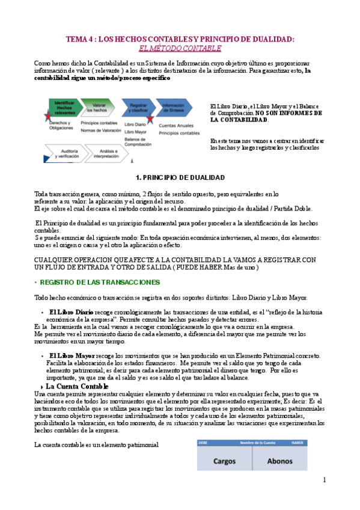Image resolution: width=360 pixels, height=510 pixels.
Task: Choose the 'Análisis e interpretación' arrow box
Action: (107, 153)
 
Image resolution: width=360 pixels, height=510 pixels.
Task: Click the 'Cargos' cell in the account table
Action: (224, 461)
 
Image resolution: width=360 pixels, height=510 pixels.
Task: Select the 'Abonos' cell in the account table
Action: (279, 461)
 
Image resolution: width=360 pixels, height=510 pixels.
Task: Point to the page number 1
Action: (324, 479)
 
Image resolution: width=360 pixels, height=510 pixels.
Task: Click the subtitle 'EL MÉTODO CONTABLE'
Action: (180, 48)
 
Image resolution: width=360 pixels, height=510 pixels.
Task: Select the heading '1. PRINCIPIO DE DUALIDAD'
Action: (180, 177)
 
